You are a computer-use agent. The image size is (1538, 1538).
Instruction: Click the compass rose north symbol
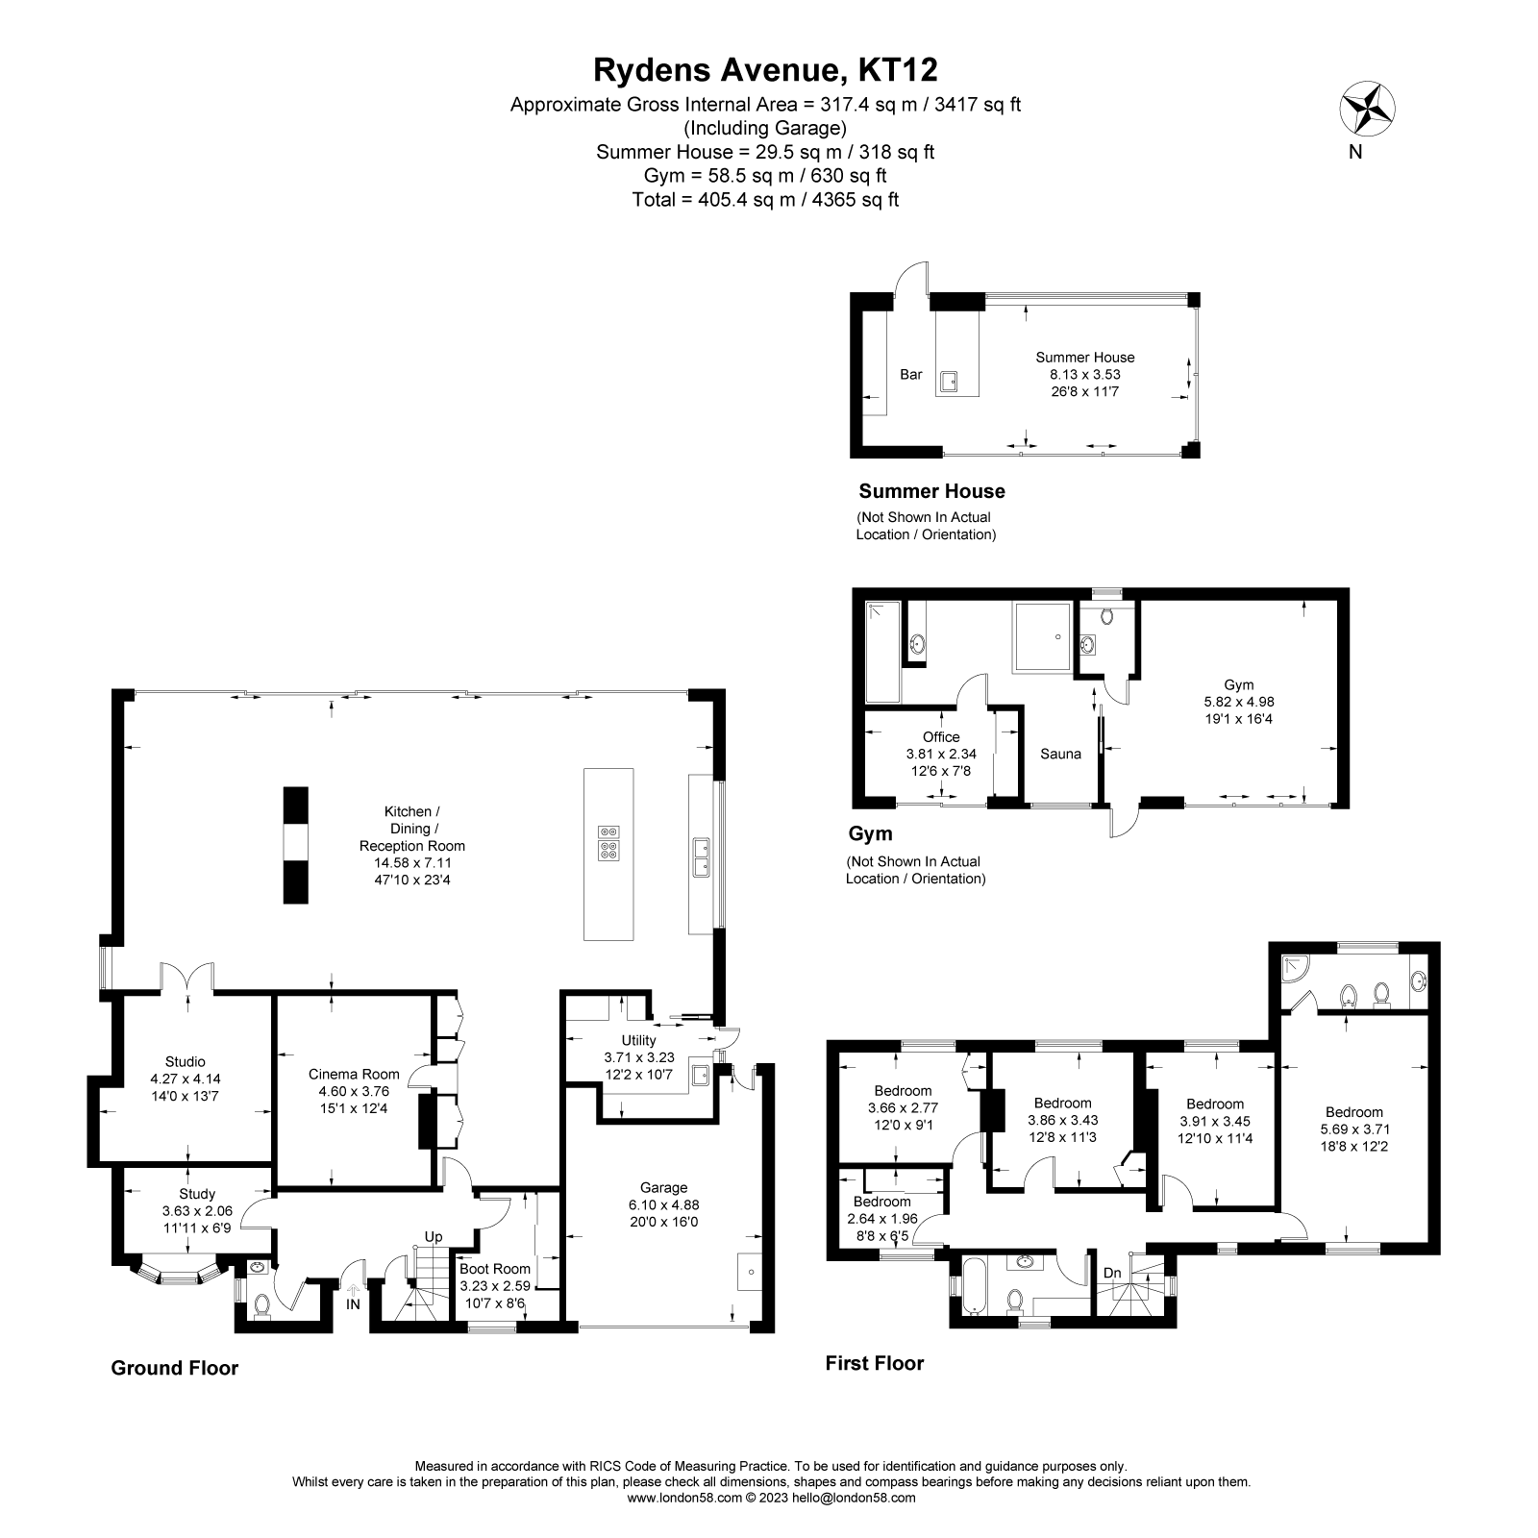[1368, 108]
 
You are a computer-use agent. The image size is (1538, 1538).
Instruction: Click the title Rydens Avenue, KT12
[765, 69]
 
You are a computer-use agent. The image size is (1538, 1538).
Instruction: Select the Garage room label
[663, 1187]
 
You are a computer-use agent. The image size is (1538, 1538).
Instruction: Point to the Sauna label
[1060, 754]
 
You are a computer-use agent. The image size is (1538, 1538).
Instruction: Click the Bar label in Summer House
[910, 374]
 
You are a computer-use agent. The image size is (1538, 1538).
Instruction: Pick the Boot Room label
[495, 1269]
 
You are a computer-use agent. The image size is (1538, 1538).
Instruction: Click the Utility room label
[638, 1040]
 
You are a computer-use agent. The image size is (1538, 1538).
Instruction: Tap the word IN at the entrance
[354, 1304]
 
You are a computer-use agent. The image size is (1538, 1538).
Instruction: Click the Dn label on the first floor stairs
[1112, 1273]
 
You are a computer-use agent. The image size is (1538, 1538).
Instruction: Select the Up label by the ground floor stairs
[434, 1236]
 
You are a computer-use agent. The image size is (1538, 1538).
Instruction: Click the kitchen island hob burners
[608, 841]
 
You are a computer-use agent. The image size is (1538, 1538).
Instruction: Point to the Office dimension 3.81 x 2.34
[941, 755]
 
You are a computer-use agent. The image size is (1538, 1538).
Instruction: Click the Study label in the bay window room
[197, 1194]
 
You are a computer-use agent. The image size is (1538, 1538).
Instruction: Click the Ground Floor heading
[174, 1368]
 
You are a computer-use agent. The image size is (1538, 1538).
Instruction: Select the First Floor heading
[874, 1363]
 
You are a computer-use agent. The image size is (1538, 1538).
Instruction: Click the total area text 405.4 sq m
[765, 200]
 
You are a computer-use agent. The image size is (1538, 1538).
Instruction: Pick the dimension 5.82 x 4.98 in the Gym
[1238, 702]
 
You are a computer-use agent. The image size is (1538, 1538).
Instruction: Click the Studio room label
[185, 1061]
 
